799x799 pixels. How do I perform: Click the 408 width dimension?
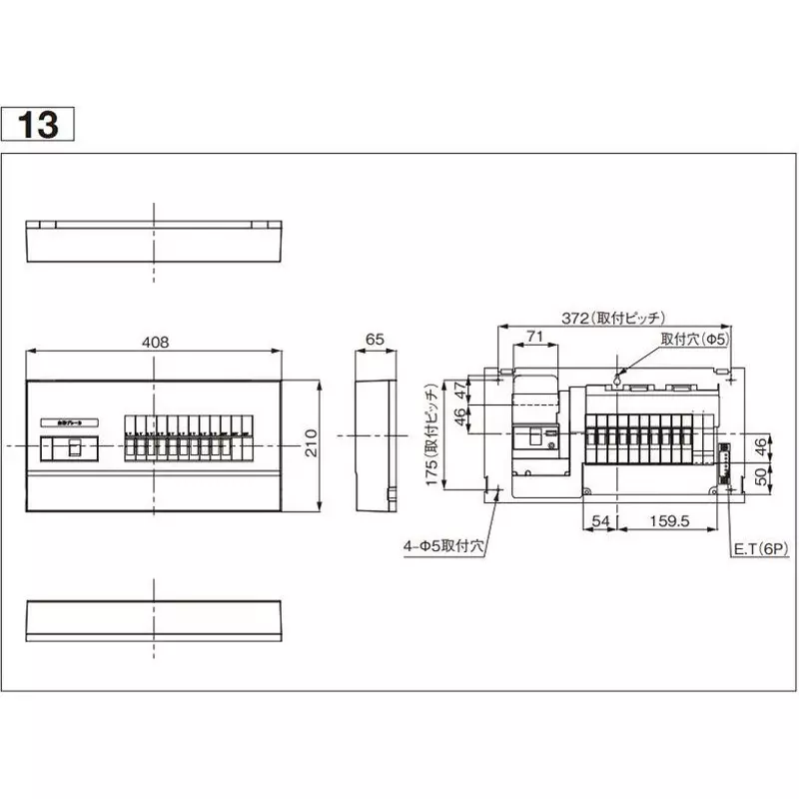coord(155,342)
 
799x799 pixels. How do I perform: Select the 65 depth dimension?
coord(375,340)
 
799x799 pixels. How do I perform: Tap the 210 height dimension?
coord(310,443)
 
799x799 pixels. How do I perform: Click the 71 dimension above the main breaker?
coord(535,338)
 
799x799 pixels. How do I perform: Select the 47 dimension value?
coord(460,390)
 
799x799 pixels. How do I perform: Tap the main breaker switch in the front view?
coord(72,448)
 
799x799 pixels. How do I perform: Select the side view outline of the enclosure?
coord(375,442)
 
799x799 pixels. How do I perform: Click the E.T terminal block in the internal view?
coord(723,453)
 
